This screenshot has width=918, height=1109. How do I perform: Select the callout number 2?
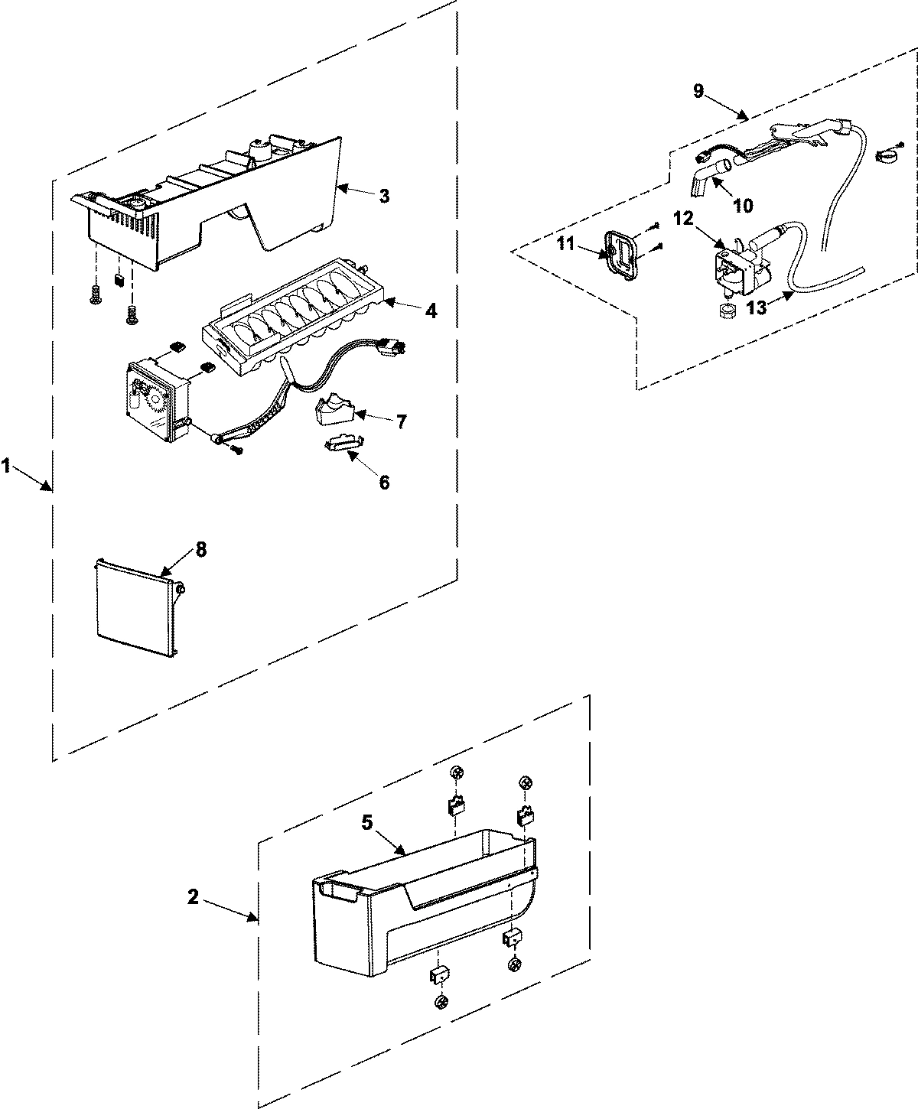(194, 896)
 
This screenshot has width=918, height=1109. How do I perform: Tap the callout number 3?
(384, 196)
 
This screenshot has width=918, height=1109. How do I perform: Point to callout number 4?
(431, 311)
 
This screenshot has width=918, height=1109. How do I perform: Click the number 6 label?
(384, 482)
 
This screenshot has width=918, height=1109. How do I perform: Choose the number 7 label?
(401, 421)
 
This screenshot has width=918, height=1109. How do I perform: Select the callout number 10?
(742, 206)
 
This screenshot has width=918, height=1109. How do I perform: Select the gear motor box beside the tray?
(157, 398)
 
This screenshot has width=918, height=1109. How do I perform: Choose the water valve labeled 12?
(734, 268)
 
